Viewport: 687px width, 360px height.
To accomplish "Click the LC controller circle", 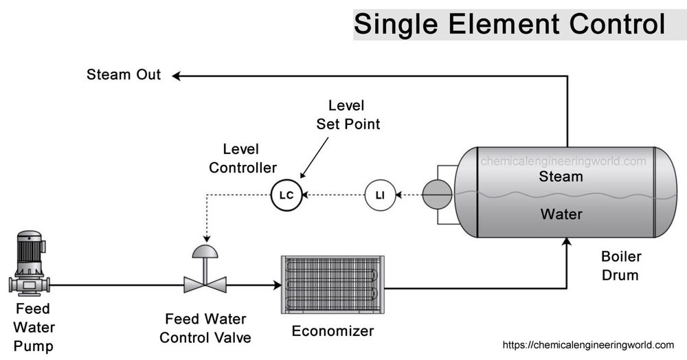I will (286, 195).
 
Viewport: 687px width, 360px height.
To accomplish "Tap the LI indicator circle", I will (379, 195).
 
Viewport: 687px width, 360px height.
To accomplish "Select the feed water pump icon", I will (29, 264).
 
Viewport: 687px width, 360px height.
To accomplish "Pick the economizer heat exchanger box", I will (333, 285).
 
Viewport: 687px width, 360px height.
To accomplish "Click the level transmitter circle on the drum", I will (437, 195).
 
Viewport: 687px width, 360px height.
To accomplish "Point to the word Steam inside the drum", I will (561, 177).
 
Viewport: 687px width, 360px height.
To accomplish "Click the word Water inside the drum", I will (561, 214).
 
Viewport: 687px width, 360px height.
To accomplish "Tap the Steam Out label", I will (124, 75).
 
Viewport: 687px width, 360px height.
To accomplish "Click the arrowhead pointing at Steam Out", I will (177, 76).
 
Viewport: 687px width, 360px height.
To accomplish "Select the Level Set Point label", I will (348, 115).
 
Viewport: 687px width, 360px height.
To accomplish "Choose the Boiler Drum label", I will (620, 266).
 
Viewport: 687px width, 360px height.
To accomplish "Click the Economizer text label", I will (333, 331).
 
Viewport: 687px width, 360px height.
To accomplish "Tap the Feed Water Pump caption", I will (33, 326).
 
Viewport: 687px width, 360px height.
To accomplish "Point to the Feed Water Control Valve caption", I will (205, 328).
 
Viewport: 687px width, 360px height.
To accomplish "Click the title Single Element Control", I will (509, 25).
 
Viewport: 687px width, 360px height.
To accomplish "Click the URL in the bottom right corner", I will (589, 345).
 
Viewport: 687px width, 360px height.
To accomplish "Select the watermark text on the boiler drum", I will (563, 161).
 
